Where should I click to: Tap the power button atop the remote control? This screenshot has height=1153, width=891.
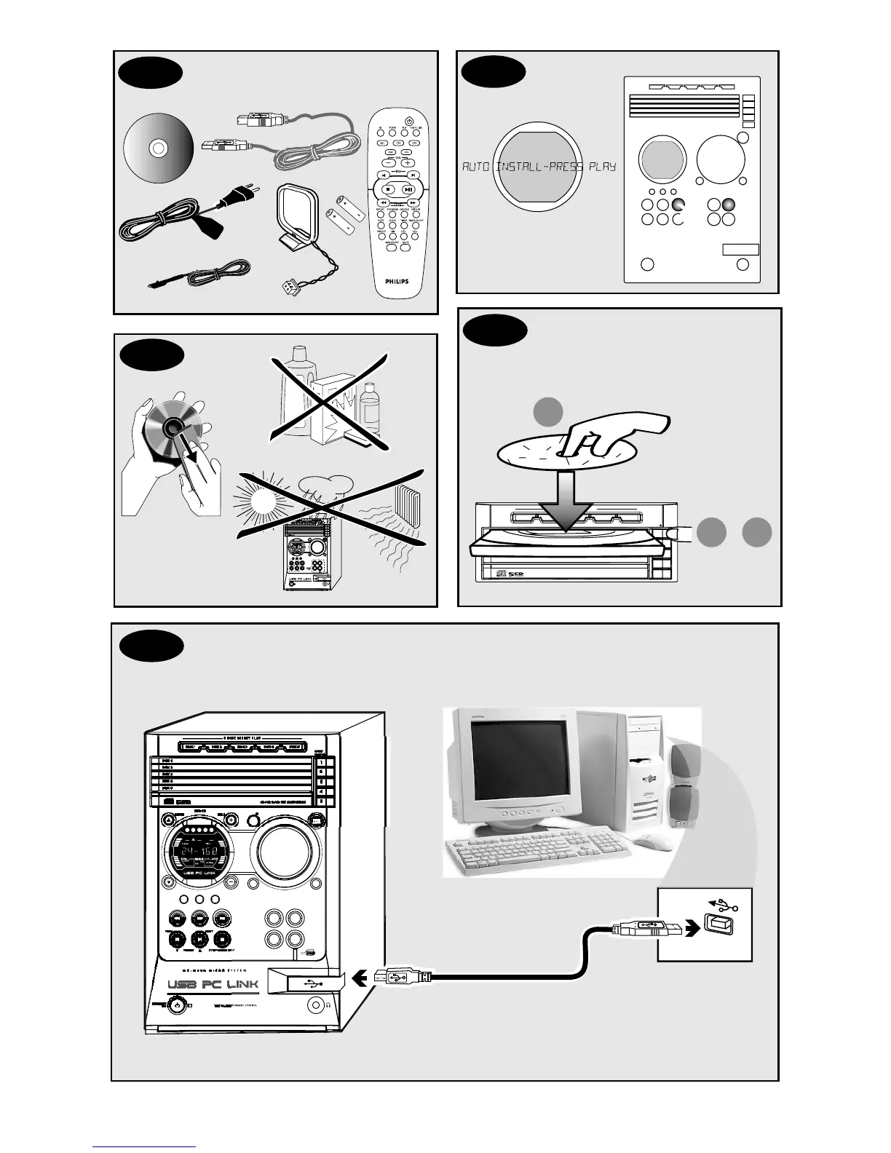tap(409, 122)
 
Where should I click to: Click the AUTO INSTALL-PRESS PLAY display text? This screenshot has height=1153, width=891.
tap(539, 167)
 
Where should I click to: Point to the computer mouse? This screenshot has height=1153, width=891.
tap(652, 842)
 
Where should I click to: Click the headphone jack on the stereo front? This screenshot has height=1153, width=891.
tap(315, 1005)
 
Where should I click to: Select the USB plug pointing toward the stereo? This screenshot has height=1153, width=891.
tap(398, 977)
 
